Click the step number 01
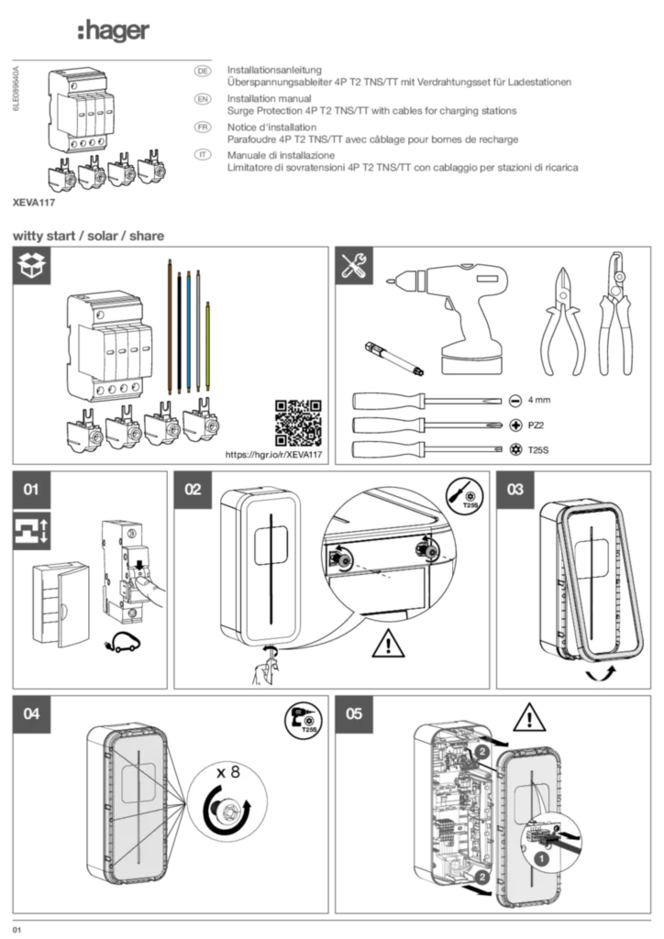[31, 490]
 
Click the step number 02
[193, 490]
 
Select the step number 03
[515, 490]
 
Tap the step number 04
[31, 713]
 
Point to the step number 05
[354, 713]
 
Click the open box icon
[31, 266]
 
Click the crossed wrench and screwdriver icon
[354, 266]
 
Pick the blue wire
[188, 330]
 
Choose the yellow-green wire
[209, 344]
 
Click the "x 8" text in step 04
[227, 772]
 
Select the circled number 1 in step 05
[541, 859]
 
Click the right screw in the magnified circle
[424, 549]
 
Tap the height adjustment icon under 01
[31, 529]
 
